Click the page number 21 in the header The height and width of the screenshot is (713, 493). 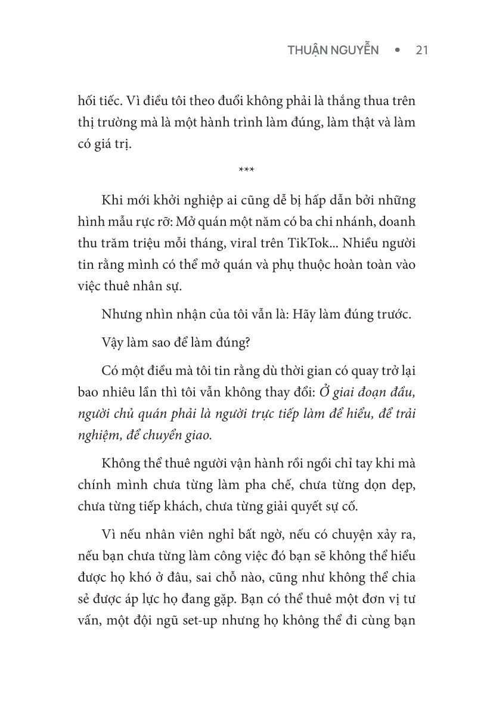(x=421, y=51)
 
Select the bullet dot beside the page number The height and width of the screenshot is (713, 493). (x=396, y=51)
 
